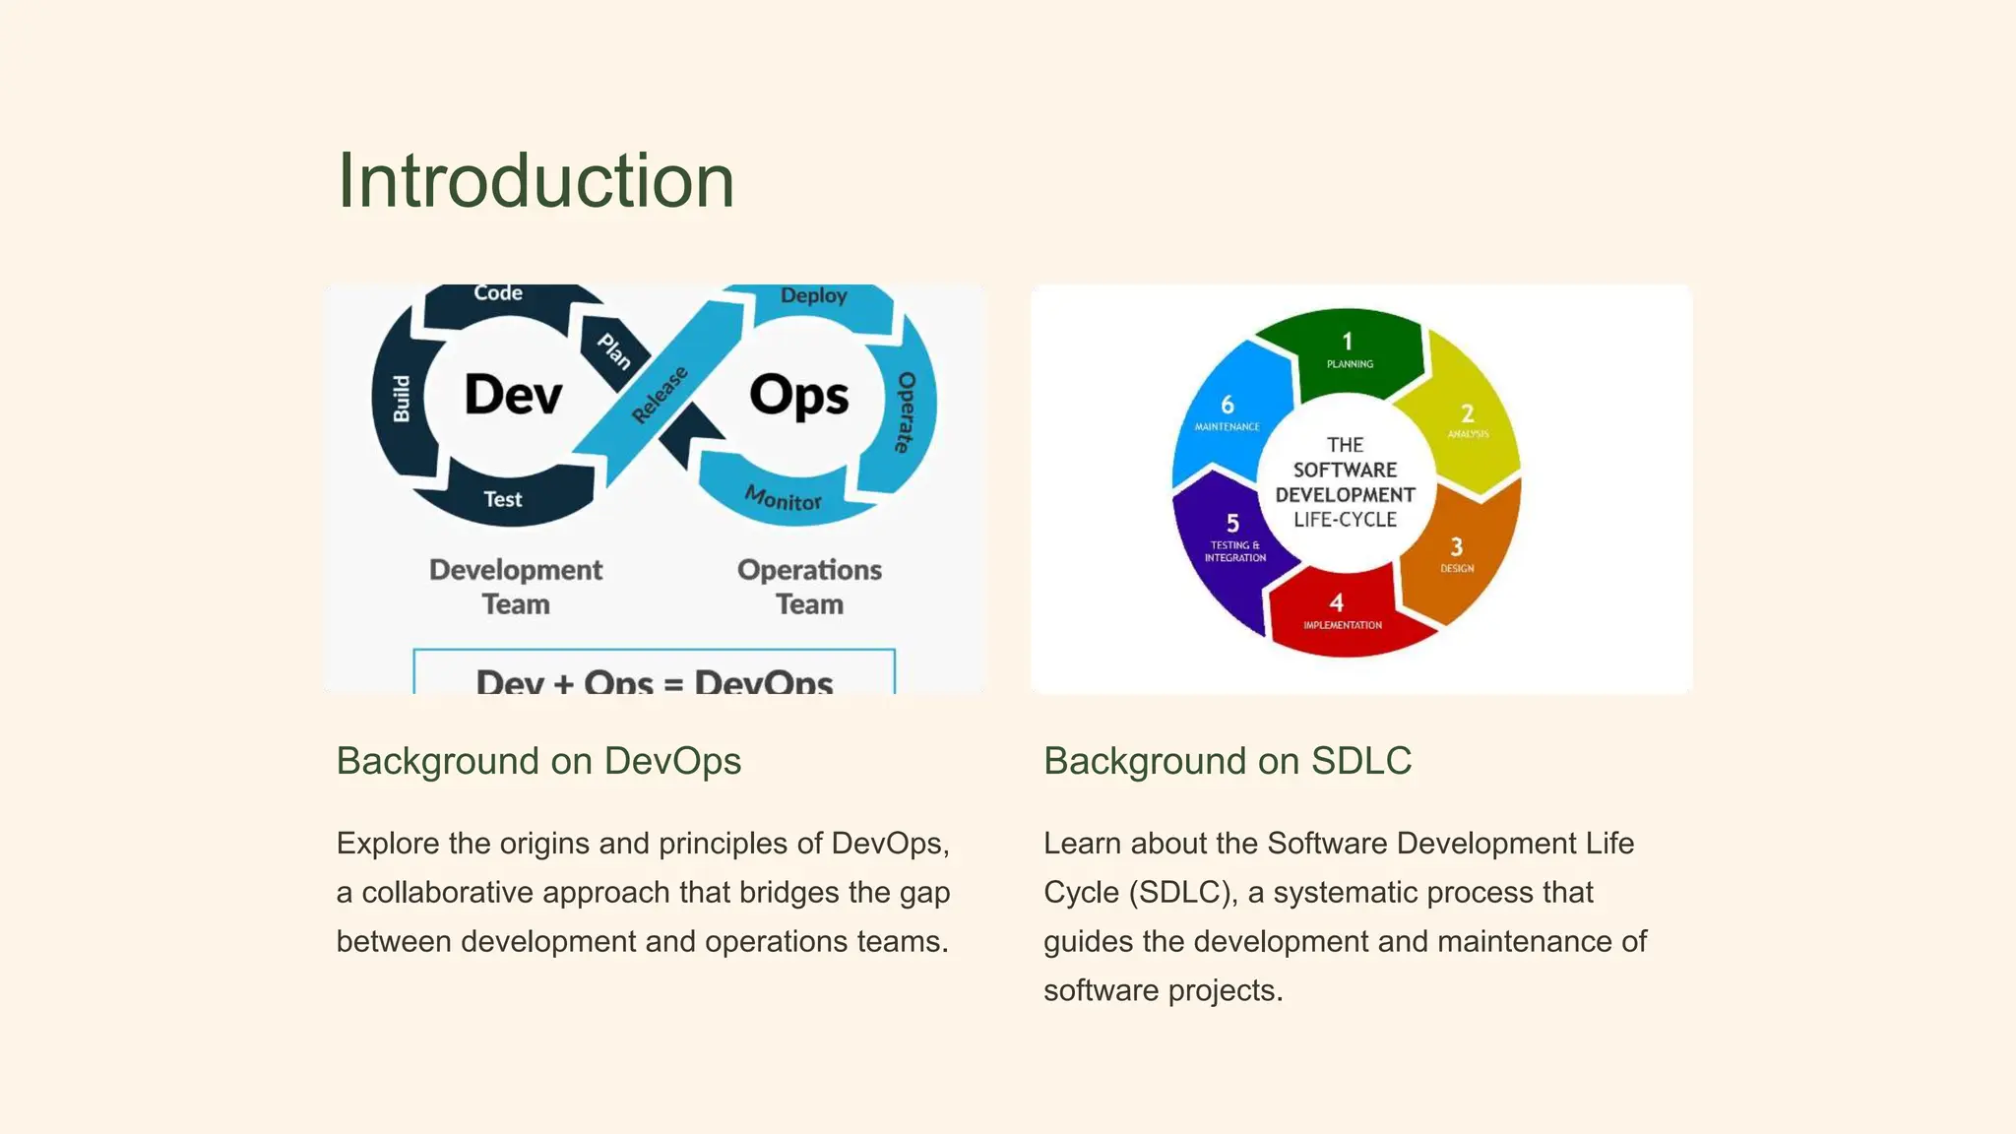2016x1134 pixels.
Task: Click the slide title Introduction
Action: pos(535,181)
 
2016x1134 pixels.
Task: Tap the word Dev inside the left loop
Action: pos(513,396)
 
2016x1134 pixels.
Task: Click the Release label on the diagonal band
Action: pos(660,395)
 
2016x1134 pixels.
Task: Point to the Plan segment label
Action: pos(614,350)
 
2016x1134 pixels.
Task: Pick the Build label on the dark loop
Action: pos(402,399)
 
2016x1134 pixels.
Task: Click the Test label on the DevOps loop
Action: pos(502,499)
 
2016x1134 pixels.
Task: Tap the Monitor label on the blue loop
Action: pos(783,499)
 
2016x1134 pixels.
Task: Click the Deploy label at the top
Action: pos(813,295)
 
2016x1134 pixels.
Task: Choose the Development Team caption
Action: pos(516,587)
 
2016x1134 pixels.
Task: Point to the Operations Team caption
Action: pos(809,587)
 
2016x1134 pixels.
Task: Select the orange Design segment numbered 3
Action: pos(1457,555)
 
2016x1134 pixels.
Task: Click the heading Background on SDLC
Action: pos(1228,761)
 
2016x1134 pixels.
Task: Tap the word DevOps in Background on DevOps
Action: pos(672,761)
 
